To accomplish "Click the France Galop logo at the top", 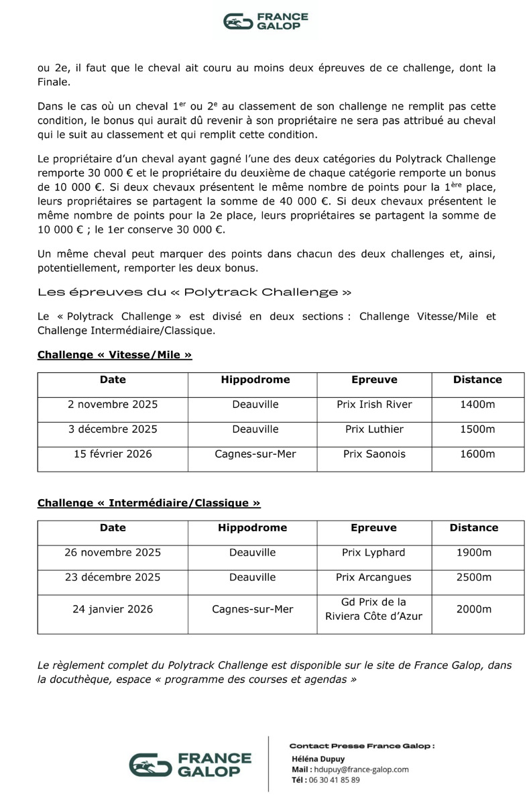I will tap(265, 21).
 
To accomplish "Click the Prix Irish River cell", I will tap(374, 405).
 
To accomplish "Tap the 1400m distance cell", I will tap(477, 405).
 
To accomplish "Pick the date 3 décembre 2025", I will tap(113, 429).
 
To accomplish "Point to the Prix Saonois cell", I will tap(374, 454).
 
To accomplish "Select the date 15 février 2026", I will tap(113, 454).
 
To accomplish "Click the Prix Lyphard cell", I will tap(374, 553).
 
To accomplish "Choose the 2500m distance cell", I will tap(473, 578).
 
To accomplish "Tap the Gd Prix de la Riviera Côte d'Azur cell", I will tap(374, 609).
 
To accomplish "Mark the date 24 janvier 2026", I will tap(113, 610).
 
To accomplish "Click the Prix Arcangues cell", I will tap(374, 578).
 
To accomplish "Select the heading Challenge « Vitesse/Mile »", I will tap(115, 355).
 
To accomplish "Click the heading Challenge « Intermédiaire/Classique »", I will tap(149, 502).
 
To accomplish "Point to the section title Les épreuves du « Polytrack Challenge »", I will tap(194, 292).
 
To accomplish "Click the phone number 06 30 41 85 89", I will tap(335, 780).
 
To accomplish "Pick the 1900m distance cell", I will tap(473, 553).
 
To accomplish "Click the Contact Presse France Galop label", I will tap(361, 746).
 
